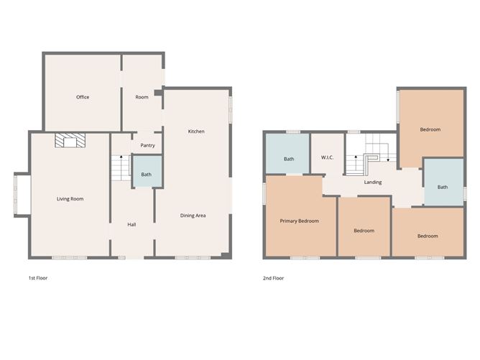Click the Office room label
click(83, 97)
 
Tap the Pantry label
click(147, 145)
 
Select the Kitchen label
click(196, 131)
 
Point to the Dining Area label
click(193, 216)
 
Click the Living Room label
click(70, 199)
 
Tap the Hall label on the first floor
click(131, 225)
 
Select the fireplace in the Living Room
click(70, 140)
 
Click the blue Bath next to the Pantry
click(147, 174)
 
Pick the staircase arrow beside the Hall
click(121, 161)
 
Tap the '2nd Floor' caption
click(274, 277)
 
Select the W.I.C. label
click(326, 159)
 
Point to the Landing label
click(373, 183)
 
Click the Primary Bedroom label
click(299, 221)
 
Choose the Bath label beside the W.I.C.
click(289, 159)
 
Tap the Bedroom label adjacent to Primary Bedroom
click(364, 231)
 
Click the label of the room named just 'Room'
click(142, 97)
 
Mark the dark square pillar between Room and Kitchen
click(158, 92)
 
